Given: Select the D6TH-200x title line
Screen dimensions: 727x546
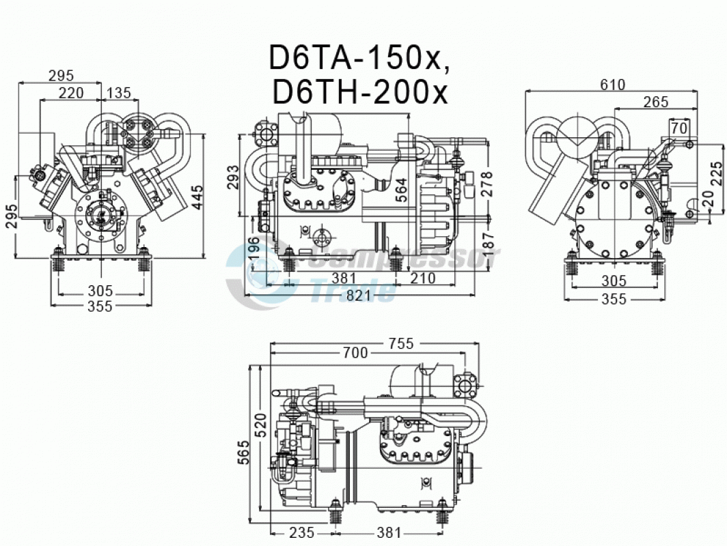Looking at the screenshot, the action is (x=360, y=92).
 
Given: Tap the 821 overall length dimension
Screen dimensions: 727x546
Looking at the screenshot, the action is (x=358, y=295).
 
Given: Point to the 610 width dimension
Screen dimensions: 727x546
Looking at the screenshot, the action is (x=613, y=85).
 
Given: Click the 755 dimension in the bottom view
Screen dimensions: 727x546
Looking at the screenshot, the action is (x=400, y=343).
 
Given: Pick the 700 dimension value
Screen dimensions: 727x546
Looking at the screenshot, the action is (x=355, y=353).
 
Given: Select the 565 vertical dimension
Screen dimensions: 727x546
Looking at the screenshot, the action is (x=243, y=452).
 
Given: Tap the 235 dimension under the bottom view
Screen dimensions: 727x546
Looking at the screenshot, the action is (x=301, y=533).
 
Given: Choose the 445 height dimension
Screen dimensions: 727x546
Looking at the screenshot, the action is (x=197, y=198).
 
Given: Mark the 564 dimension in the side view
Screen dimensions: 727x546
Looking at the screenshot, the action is (x=401, y=190).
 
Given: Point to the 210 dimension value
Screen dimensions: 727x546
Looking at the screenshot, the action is (x=422, y=278).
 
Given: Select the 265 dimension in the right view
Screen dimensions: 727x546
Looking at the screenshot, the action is (x=656, y=102).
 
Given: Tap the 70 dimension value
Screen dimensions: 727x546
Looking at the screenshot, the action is (x=678, y=128).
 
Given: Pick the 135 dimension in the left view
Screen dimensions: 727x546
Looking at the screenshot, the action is (x=119, y=93).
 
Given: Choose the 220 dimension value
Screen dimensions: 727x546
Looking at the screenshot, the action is (x=71, y=93).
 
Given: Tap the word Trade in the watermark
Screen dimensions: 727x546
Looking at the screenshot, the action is (x=355, y=291).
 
